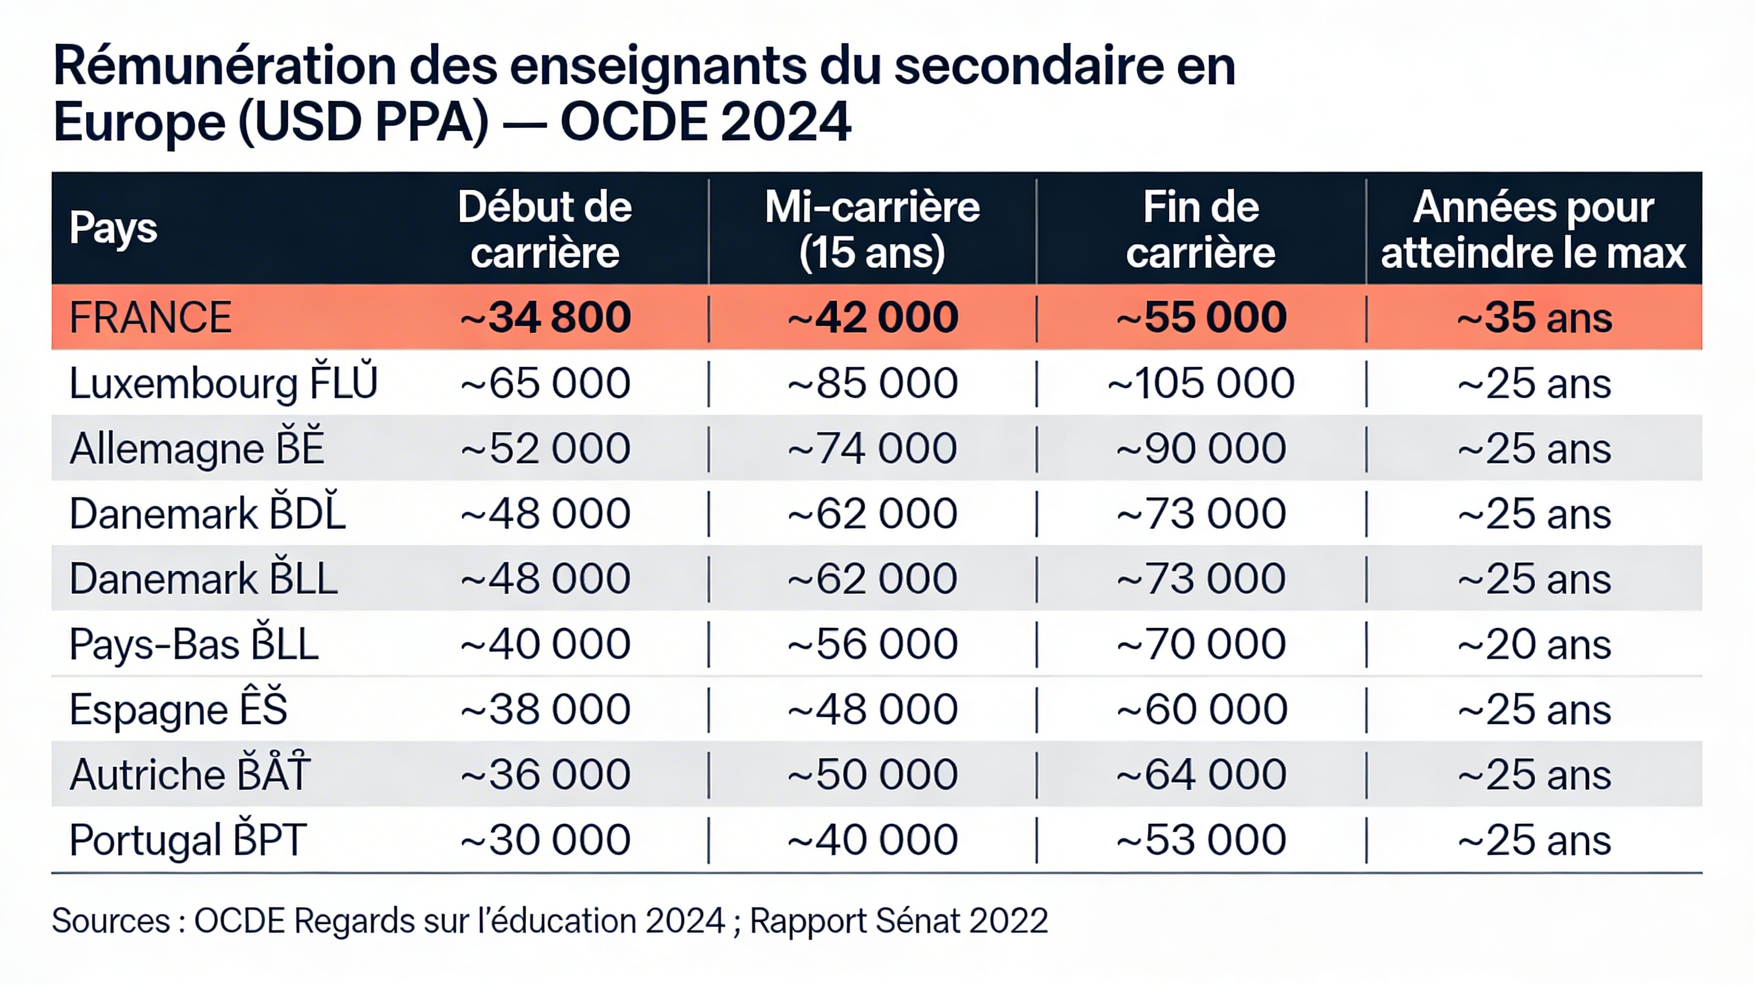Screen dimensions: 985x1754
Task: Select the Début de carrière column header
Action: pyautogui.click(x=544, y=230)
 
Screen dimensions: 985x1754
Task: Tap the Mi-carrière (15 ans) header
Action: pyautogui.click(x=872, y=230)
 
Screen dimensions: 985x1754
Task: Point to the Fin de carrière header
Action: pyautogui.click(x=1200, y=230)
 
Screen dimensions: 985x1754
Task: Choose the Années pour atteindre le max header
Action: pyautogui.click(x=1534, y=230)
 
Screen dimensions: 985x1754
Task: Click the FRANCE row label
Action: pyautogui.click(x=150, y=317)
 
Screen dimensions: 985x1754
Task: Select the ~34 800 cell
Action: pyautogui.click(x=546, y=317)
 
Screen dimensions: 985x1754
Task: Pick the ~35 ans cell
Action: pyautogui.click(x=1534, y=317)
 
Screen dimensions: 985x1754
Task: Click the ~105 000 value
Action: pyautogui.click(x=1200, y=382)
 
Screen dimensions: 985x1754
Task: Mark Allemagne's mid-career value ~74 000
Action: pyautogui.click(x=872, y=448)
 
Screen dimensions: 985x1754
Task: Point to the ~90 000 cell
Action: pyautogui.click(x=1200, y=448)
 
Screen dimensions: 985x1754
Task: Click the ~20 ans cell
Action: pyautogui.click(x=1534, y=644)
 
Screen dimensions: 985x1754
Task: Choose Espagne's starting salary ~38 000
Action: pyautogui.click(x=546, y=709)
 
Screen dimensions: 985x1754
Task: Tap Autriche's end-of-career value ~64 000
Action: pyautogui.click(x=1200, y=774)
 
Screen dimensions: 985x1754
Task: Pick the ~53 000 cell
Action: pyautogui.click(x=1200, y=840)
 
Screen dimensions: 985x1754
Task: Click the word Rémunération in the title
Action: pyautogui.click(x=225, y=66)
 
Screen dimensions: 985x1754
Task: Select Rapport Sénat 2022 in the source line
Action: pyautogui.click(x=899, y=921)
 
